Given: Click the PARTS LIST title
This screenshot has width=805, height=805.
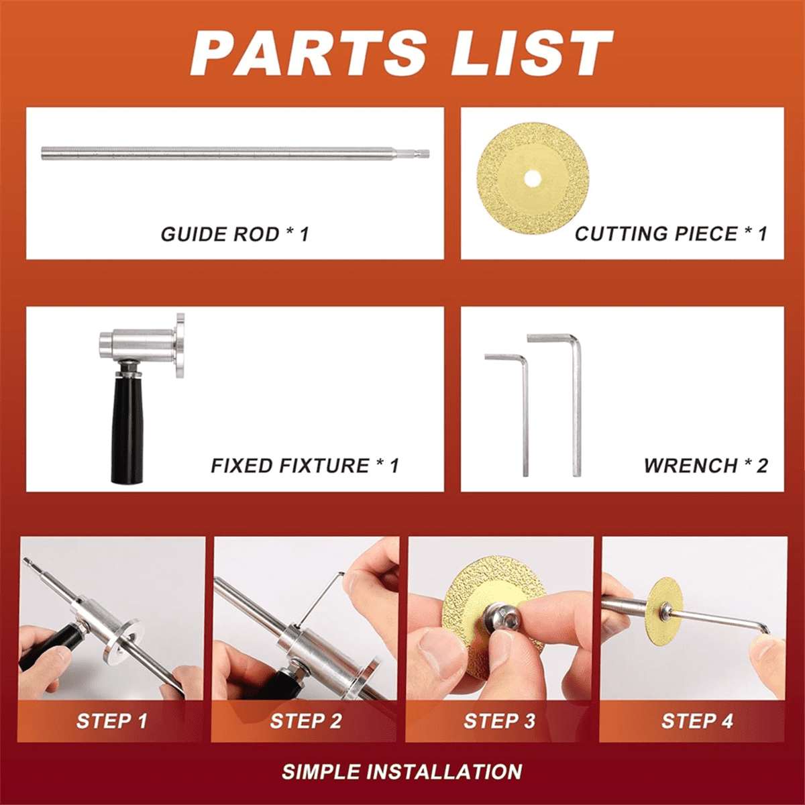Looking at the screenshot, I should click(402, 54).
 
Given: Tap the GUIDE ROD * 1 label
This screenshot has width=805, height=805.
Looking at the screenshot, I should click(235, 234).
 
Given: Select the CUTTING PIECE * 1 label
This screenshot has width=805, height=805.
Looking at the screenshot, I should click(670, 233).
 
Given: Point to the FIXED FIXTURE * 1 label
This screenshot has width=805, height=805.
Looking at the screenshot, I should click(305, 466).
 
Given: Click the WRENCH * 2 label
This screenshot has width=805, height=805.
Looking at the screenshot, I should click(706, 466).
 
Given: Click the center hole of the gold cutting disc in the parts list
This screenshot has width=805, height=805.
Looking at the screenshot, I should click(533, 178).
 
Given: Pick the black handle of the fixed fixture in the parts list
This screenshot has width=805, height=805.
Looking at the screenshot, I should click(127, 429).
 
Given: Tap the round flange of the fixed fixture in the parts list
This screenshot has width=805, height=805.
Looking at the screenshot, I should click(180, 345).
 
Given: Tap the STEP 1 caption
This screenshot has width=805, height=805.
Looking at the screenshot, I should click(111, 721).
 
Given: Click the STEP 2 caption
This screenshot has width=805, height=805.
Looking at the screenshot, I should click(305, 721).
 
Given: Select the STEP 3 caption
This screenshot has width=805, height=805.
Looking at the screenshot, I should click(499, 721).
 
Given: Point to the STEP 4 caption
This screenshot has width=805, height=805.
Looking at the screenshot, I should click(696, 721).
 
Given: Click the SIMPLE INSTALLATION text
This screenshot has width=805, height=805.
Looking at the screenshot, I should click(402, 771).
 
